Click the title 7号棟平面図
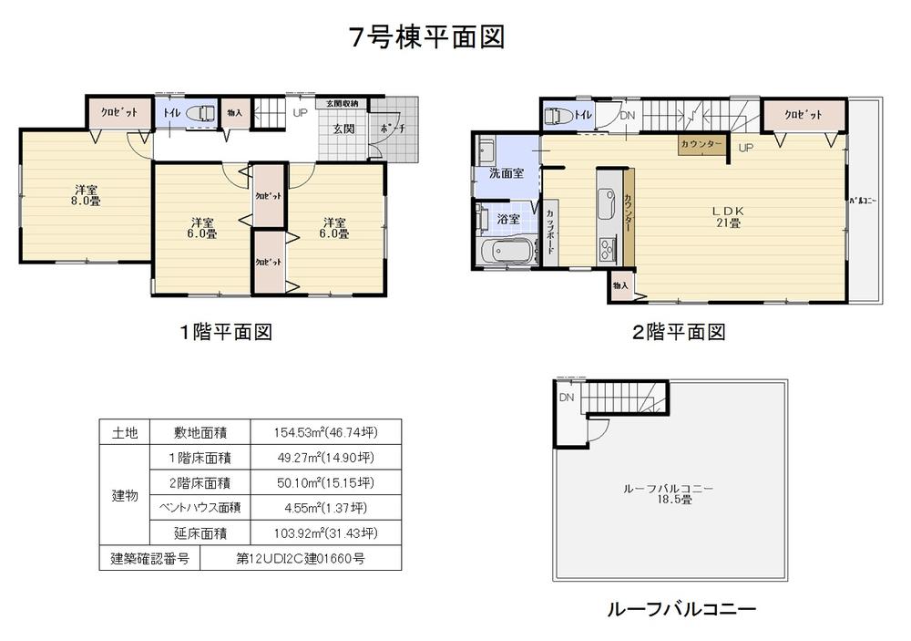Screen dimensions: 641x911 click(x=426, y=37)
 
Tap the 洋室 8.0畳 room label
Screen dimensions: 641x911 click(x=87, y=195)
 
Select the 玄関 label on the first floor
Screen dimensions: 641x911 click(x=343, y=129)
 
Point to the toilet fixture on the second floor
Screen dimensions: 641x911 click(x=555, y=116)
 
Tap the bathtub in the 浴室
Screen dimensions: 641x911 click(x=504, y=252)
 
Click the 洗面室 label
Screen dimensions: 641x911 click(x=506, y=172)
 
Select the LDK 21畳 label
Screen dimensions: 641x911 click(x=727, y=216)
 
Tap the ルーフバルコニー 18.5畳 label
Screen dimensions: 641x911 click(x=668, y=494)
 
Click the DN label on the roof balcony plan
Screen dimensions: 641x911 click(x=567, y=398)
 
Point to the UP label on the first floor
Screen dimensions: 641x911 click(x=300, y=114)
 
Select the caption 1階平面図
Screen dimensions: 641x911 click(x=226, y=332)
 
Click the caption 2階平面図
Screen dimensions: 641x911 click(x=679, y=332)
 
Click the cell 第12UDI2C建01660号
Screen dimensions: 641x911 click(x=299, y=558)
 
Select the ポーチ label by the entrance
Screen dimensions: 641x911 click(x=393, y=129)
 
